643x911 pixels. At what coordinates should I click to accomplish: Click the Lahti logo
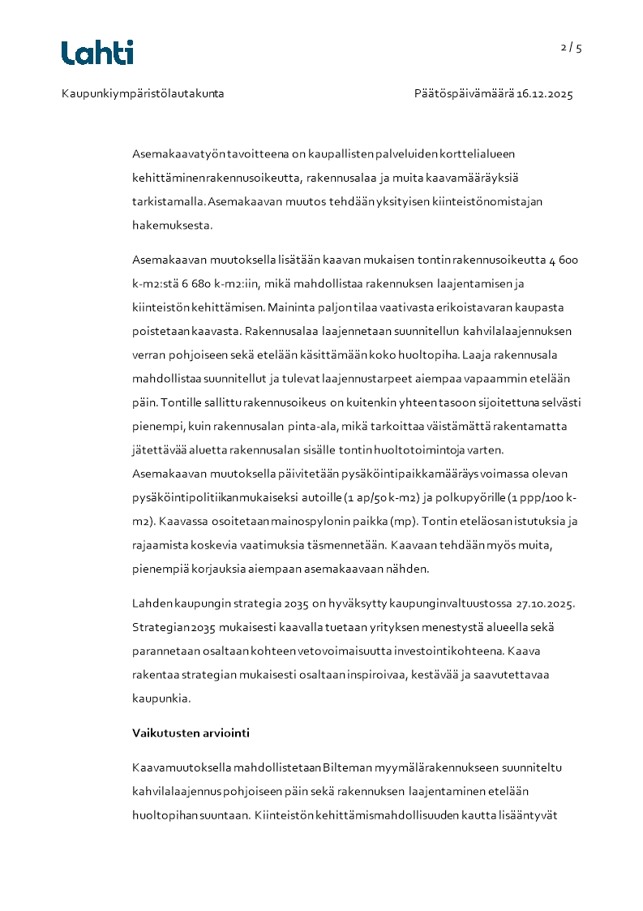click(x=97, y=53)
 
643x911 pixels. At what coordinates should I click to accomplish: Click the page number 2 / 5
click(x=571, y=48)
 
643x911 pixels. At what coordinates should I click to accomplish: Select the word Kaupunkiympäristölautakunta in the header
click(x=143, y=94)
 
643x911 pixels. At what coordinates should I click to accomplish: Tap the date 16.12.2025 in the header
click(x=545, y=94)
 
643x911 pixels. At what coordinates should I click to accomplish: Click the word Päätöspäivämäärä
click(x=464, y=94)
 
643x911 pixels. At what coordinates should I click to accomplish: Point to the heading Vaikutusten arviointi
click(x=191, y=733)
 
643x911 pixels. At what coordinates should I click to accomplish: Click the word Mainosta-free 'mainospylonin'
click(x=306, y=521)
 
